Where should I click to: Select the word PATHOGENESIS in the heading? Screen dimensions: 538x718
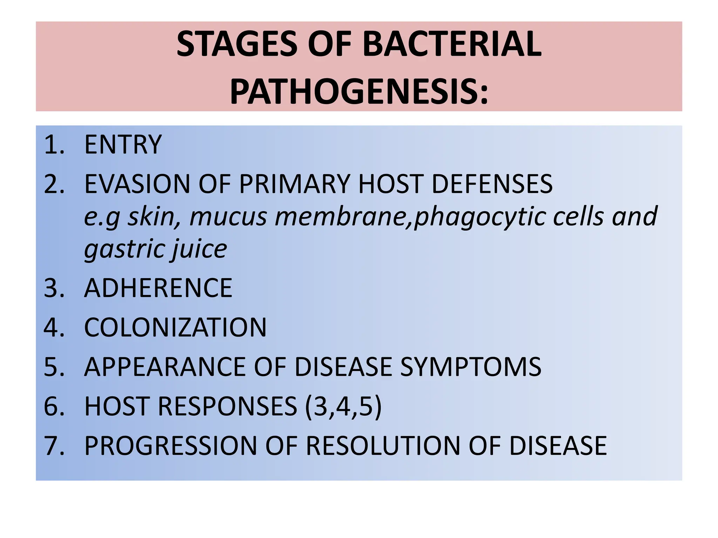pos(354,92)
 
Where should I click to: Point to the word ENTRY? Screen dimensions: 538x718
pos(123,144)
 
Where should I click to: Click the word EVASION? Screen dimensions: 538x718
pos(137,184)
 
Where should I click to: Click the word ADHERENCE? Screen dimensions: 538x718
pos(158,288)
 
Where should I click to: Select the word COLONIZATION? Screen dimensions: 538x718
pos(175,327)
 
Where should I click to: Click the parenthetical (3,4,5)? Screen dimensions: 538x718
pos(343,407)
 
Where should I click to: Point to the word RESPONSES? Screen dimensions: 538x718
pos(228,407)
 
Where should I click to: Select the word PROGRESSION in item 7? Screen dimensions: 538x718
pos(171,446)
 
